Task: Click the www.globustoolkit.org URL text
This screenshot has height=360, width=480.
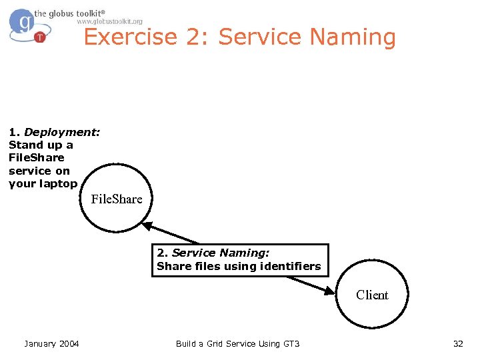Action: pos(109,21)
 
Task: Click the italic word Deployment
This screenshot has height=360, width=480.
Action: pos(62,132)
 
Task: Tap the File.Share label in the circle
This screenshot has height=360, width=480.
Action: pos(116,199)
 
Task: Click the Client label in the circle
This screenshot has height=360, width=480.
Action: pos(372,295)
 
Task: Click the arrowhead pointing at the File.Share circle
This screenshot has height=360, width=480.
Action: pos(148,226)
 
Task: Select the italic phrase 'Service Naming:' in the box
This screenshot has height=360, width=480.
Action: pos(220,253)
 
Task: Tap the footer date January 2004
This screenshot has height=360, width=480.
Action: pos(51,343)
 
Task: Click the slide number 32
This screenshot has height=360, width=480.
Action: pos(458,343)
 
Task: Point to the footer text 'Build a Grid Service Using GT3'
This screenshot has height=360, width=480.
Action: pos(237,343)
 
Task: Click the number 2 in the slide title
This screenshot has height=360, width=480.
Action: pos(195,37)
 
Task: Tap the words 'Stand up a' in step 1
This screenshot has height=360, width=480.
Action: pos(41,145)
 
